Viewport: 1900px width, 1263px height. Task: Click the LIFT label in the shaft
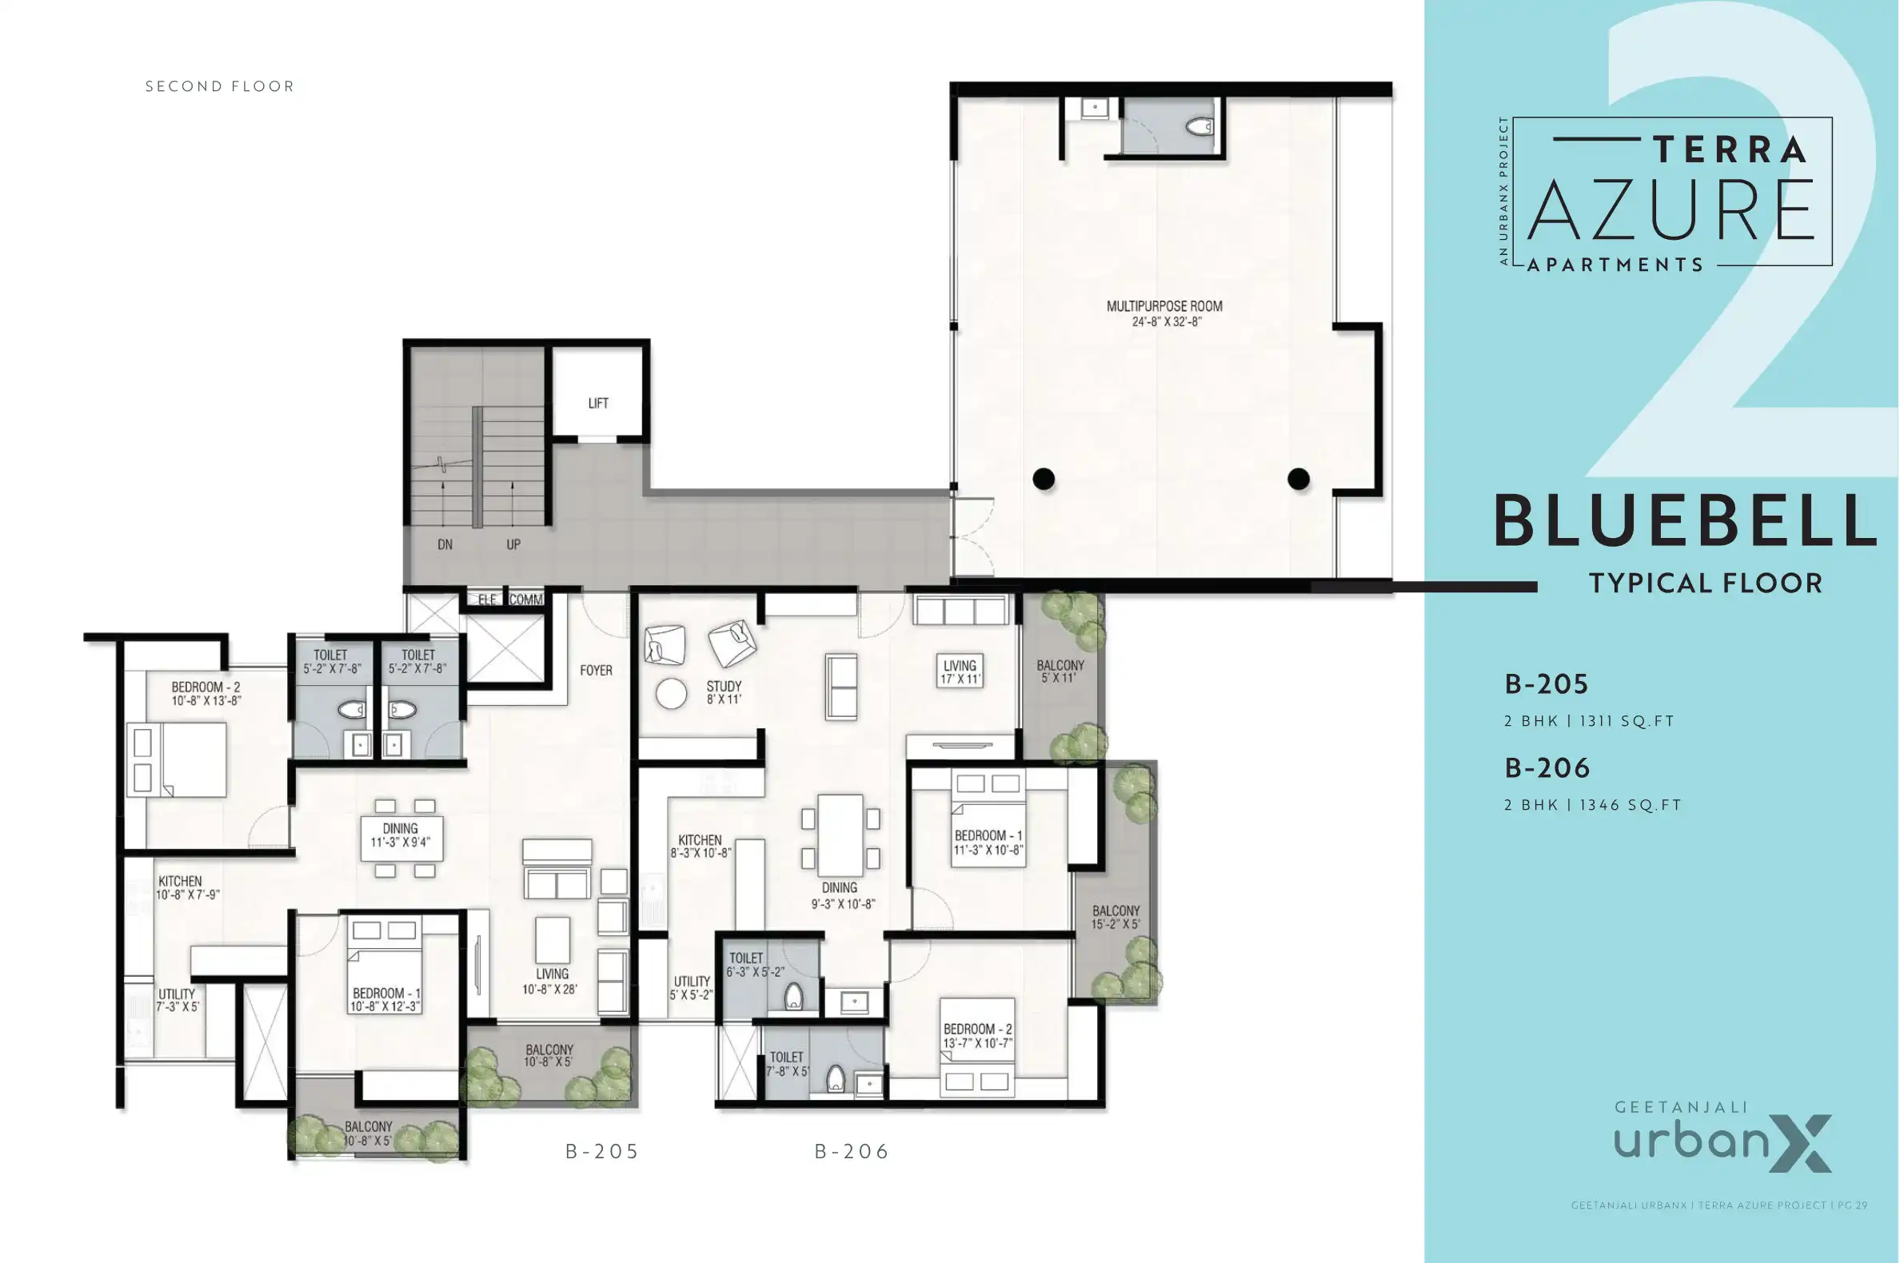point(598,404)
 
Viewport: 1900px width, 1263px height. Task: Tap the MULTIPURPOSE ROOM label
point(1164,313)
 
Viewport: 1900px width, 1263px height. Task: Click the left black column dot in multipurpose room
point(1044,480)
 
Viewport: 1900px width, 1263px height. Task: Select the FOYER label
point(596,670)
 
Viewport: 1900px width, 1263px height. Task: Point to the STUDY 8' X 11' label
point(724,692)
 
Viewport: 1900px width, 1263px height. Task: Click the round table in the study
point(670,694)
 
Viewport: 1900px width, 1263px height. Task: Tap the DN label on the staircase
point(445,544)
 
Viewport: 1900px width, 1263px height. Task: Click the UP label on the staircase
point(513,544)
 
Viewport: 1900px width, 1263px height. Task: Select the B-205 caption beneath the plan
point(602,1152)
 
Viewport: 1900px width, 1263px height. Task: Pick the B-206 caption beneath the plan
point(852,1152)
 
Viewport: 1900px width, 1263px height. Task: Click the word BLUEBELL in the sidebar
point(1686,521)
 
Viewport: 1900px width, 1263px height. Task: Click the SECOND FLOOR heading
point(220,86)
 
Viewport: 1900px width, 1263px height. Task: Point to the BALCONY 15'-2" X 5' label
point(1116,918)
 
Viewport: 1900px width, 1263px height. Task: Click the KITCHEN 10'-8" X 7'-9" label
point(188,887)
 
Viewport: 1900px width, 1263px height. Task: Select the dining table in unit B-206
point(840,835)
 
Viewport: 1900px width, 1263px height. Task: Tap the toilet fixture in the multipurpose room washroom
point(1200,126)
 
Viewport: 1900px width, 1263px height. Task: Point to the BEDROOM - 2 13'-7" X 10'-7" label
point(977,1036)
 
